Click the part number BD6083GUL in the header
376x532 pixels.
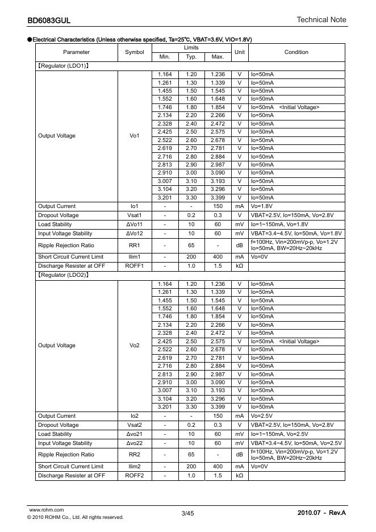coord(49,21)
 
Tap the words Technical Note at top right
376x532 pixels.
coord(321,20)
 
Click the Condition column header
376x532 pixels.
coord(296,52)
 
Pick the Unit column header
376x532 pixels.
coord(240,52)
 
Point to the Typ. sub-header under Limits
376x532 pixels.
coord(191,57)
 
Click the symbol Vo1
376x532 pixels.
coord(135,136)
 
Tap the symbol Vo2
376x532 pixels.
coord(135,346)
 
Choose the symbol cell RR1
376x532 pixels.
coord(135,246)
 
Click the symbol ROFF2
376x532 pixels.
coord(135,475)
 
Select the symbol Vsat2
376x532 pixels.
coord(135,425)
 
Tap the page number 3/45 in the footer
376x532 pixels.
coord(187,514)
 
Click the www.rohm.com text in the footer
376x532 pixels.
coord(46,510)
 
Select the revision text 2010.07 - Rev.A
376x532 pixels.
coord(321,514)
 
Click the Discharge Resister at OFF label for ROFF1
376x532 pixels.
coord(71,266)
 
